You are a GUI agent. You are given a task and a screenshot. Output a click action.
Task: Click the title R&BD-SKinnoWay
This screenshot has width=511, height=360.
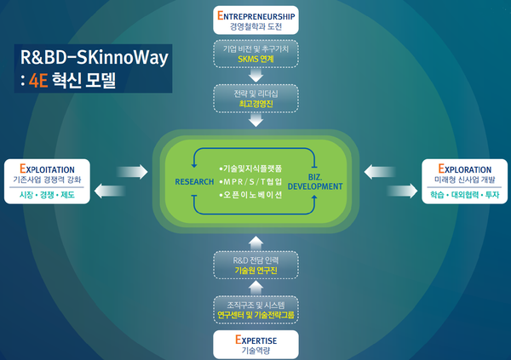[95, 58]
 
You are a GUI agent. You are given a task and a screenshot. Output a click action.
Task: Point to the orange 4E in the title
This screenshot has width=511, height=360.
[40, 82]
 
